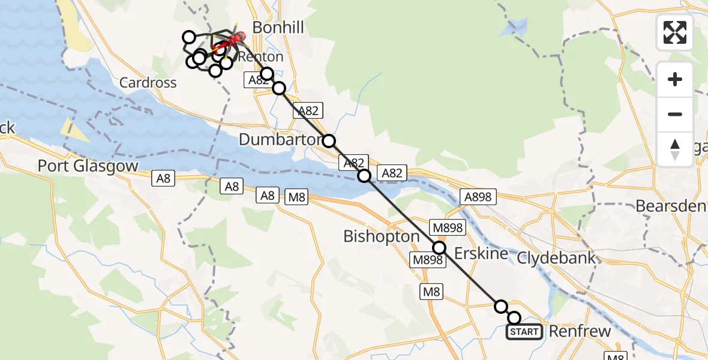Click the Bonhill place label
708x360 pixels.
[278, 27]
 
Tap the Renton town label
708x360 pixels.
[260, 57]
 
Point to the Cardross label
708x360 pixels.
[148, 83]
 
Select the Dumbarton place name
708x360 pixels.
[280, 140]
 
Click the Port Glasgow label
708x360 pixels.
[88, 166]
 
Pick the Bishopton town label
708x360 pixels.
[381, 236]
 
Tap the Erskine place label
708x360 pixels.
[481, 253]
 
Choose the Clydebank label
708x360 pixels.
[556, 258]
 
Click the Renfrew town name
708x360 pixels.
[580, 331]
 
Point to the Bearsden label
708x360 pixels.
[671, 206]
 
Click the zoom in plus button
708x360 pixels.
[675, 79]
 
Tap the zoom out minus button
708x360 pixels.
[675, 114]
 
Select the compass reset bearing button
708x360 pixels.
[675, 149]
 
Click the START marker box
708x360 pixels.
[524, 331]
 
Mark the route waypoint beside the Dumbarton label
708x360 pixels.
[329, 142]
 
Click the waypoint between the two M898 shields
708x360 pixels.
[439, 247]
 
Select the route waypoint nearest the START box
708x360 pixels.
[514, 318]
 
